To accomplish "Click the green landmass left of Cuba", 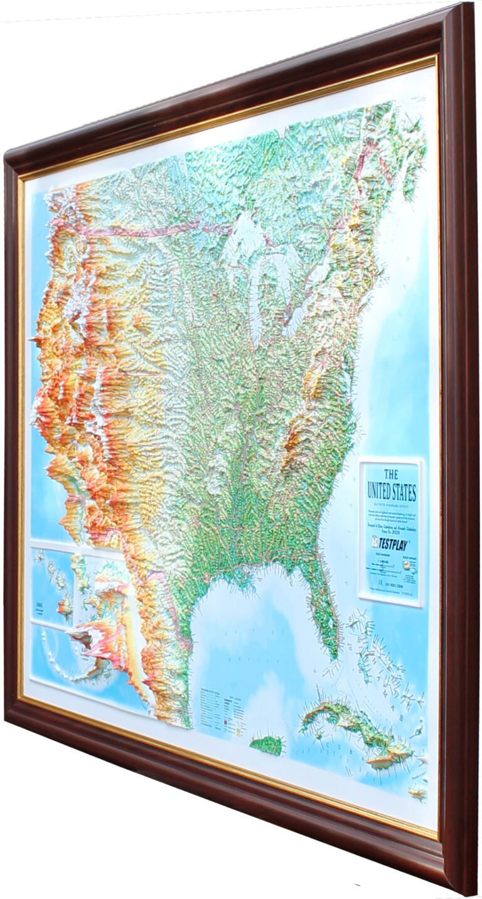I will point(266,745).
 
